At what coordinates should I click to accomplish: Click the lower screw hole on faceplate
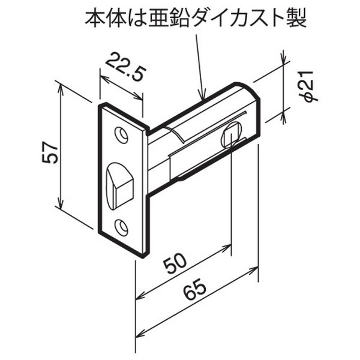(x=122, y=226)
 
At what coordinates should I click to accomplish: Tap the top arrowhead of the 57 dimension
(x=62, y=86)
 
